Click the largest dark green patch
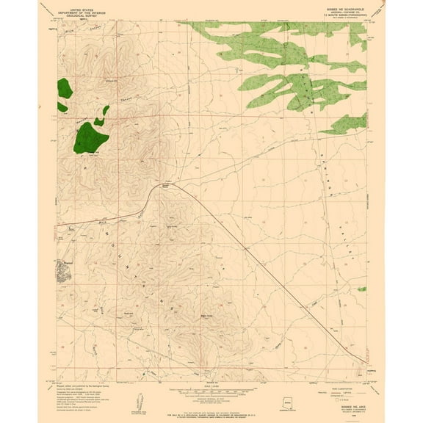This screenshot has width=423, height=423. pyautogui.click(x=90, y=137)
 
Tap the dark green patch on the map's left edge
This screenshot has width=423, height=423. pyautogui.click(x=64, y=91)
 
